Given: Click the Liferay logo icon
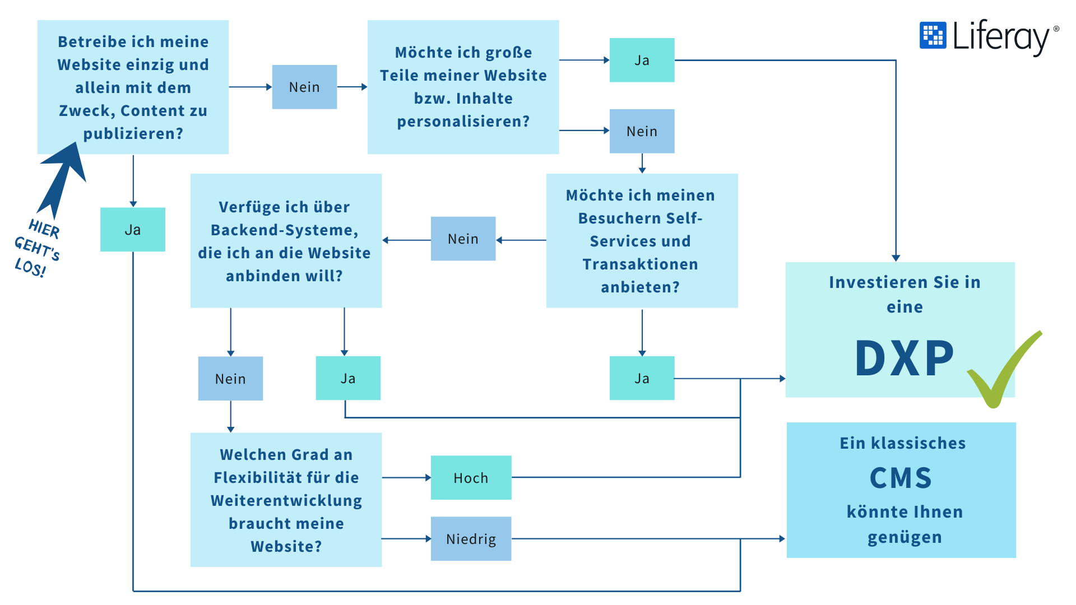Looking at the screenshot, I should point(933,35).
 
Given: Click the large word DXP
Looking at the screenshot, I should point(904,358).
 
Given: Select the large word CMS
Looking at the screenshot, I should point(901,478).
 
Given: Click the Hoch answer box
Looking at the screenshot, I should point(471,478).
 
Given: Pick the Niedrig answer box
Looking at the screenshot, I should point(471,539).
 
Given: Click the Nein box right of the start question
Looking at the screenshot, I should point(304,87).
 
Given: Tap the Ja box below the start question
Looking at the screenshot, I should point(133,230).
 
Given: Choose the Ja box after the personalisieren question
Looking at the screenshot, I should point(642,61).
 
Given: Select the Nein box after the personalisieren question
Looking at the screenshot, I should point(642,131).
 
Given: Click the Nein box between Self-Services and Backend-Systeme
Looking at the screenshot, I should point(463,239).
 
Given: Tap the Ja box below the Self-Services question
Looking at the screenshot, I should point(642,378).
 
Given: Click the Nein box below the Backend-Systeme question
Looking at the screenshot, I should point(230,379).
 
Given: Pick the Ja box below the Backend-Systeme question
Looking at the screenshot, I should point(348,378).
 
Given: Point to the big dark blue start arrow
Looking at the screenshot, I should point(63,176).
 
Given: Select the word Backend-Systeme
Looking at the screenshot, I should point(284,230).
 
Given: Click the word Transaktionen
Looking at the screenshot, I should point(640,264).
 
